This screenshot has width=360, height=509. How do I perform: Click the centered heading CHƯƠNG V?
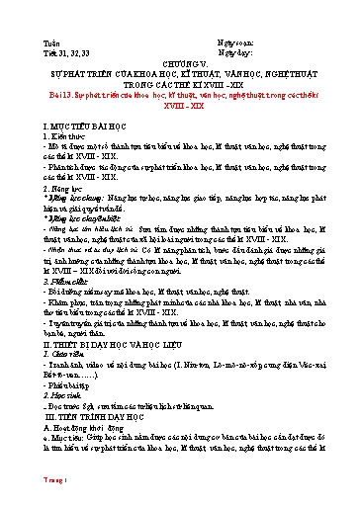(179, 44)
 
